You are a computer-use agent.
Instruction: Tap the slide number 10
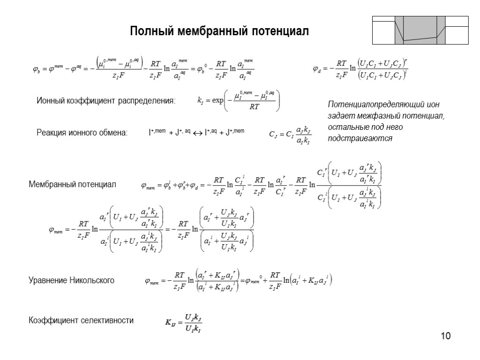point(445,336)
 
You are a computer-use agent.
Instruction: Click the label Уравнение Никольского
point(72,281)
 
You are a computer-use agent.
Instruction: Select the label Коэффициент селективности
point(81,321)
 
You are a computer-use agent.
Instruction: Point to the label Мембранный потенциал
point(72,184)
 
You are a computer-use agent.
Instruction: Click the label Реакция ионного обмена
point(82,133)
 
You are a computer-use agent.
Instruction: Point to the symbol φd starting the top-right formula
point(317,69)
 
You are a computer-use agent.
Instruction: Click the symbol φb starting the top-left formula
point(36,69)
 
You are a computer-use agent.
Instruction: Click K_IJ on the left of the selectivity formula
point(170,322)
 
